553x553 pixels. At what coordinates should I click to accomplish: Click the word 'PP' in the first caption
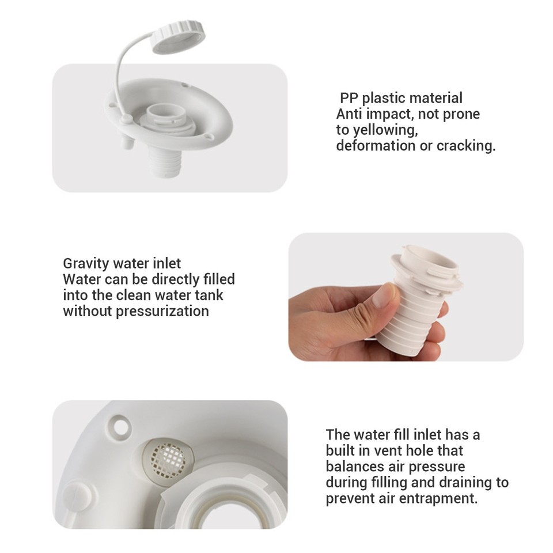click(349, 98)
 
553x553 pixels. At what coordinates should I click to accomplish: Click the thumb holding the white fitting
click(382, 295)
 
